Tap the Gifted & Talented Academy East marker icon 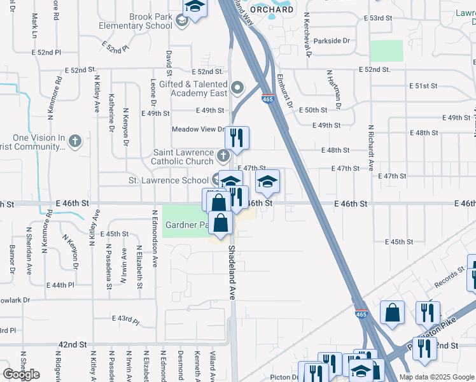(x=237, y=88)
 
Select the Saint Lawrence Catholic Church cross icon (x=223, y=155)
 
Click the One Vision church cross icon (x=75, y=141)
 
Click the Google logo (x=21, y=374)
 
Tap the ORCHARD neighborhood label (x=271, y=10)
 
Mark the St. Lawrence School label (x=169, y=180)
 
